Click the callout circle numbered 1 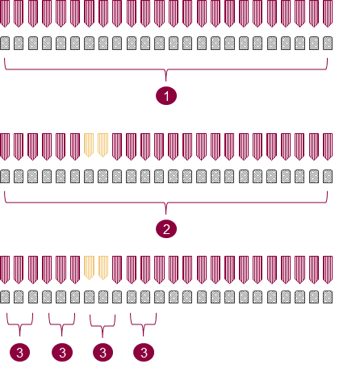[x=166, y=96]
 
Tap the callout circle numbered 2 [x=166, y=229]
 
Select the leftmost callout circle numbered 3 [x=19, y=353]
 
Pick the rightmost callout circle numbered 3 [x=144, y=353]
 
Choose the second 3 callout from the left [x=62, y=353]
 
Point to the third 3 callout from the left [x=103, y=353]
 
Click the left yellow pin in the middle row [x=89, y=145]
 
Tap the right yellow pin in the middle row [x=103, y=145]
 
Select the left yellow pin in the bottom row [x=89, y=268]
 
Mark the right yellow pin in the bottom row [x=103, y=268]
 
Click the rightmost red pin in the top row [x=328, y=13]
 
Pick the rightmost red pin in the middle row [x=328, y=147]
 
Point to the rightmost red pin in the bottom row [x=328, y=270]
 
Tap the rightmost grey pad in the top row [x=328, y=43]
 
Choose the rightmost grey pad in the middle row [x=328, y=177]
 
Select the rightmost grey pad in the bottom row [x=328, y=297]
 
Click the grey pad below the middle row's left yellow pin [x=89, y=177]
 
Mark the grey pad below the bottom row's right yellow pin [x=103, y=297]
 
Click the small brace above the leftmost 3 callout [x=19, y=324]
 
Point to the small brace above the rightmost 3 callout [x=143, y=324]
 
